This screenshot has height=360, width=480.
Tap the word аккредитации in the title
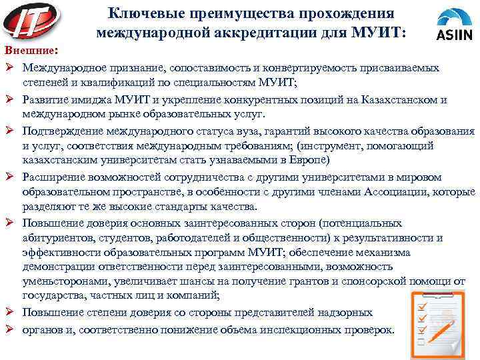coord(228,32)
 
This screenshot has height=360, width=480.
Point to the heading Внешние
coord(30,51)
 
